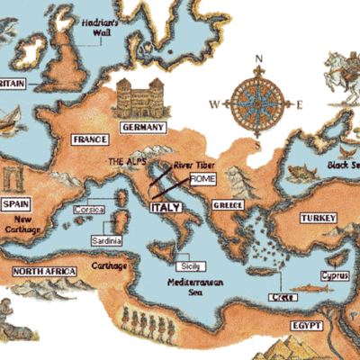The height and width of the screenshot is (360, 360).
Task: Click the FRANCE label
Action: click(90, 139)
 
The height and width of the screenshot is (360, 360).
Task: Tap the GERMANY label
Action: click(141, 128)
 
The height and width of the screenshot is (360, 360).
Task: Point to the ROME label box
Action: click(203, 178)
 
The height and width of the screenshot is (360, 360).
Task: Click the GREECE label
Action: click(228, 205)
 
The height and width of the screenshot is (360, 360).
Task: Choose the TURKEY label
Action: click(317, 219)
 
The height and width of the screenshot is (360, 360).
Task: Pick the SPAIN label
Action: click(17, 204)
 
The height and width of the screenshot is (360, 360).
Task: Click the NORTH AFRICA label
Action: click(44, 271)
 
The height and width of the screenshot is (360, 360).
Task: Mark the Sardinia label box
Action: click(106, 241)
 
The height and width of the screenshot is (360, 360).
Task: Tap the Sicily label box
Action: click(189, 266)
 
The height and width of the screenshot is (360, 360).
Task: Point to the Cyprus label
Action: click(334, 275)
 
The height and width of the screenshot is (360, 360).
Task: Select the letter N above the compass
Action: click(258, 60)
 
